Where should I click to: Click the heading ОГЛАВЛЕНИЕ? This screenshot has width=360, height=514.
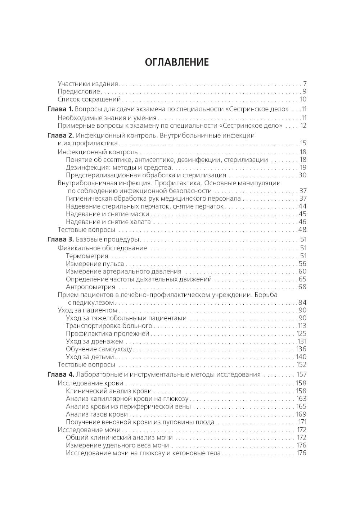[x=176, y=62]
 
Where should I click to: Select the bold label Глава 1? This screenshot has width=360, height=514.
[x=60, y=109]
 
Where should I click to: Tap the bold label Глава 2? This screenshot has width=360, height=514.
[x=60, y=136]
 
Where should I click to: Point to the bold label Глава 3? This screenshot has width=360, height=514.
[x=60, y=240]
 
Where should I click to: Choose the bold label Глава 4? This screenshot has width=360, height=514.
[x=60, y=374]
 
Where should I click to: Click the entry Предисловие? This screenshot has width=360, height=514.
[x=78, y=91]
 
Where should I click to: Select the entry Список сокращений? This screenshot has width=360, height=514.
[x=89, y=100]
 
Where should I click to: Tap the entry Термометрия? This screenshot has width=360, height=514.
[x=87, y=256]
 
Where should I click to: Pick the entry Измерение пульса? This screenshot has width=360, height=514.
[x=95, y=264]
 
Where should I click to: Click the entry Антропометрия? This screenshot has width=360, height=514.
[x=90, y=287]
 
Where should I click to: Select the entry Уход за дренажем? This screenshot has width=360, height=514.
[x=95, y=341]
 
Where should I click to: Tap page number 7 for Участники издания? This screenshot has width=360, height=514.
[x=304, y=84]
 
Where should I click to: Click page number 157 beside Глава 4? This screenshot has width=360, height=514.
[x=301, y=374]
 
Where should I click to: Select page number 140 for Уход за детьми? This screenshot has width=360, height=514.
[x=301, y=357]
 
